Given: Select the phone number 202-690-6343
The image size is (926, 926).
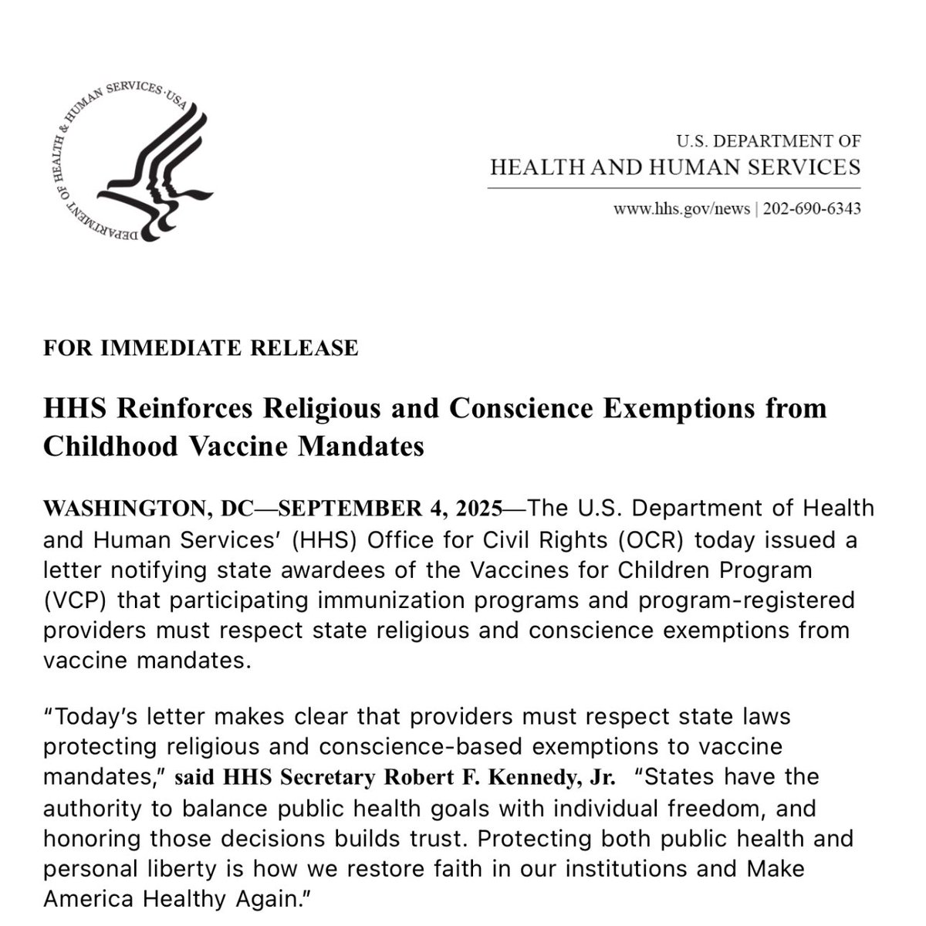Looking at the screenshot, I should (x=812, y=209).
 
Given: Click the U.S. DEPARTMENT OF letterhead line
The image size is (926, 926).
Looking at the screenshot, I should (x=769, y=141).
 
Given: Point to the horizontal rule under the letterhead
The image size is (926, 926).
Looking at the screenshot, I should (x=674, y=188).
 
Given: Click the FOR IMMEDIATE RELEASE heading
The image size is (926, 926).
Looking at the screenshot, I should (x=201, y=348).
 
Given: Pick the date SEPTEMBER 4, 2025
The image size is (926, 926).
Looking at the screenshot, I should (x=389, y=509).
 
